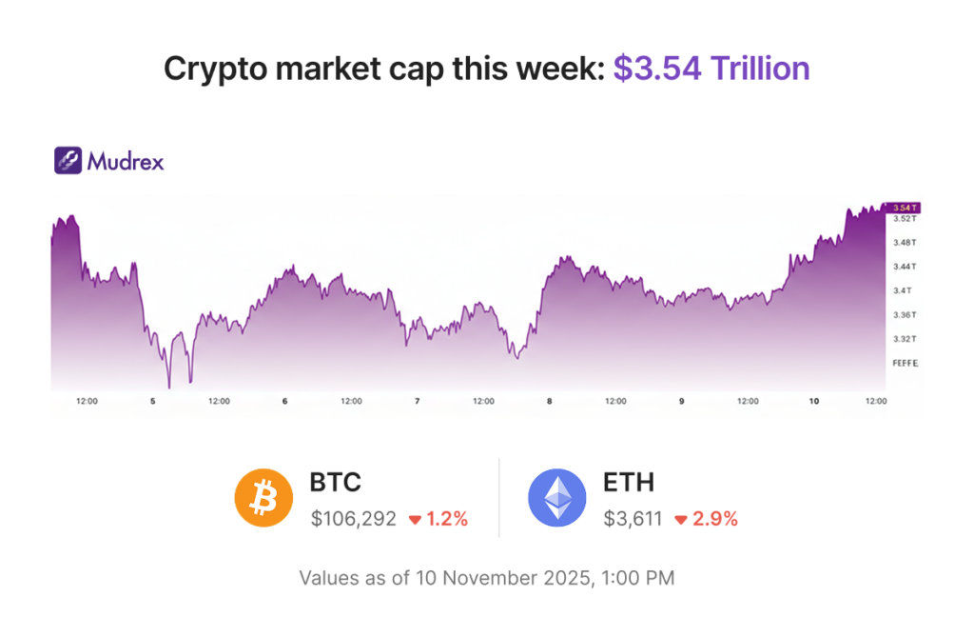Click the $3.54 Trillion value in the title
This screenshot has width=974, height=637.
(x=711, y=69)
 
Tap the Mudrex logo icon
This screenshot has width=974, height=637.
(x=68, y=160)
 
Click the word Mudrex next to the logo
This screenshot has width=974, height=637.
(x=126, y=161)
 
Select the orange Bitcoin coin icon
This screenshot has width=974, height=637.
(x=264, y=498)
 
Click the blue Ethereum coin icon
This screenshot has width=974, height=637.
(x=557, y=498)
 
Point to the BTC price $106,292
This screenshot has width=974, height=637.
(x=353, y=519)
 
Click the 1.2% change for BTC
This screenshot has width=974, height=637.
(x=446, y=519)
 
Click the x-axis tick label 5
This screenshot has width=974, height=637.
(x=152, y=402)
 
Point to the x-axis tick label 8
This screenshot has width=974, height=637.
(x=549, y=402)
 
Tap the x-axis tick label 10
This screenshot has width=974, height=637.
(x=813, y=402)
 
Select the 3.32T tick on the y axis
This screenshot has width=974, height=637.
(x=905, y=339)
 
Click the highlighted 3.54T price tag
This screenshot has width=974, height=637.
(x=903, y=207)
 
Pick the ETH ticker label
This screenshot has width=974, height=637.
(x=629, y=483)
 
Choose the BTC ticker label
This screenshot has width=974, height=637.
(x=336, y=483)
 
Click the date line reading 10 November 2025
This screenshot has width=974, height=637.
(x=487, y=578)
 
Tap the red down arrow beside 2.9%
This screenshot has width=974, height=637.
(x=681, y=520)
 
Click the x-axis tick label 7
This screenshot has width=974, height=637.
(x=417, y=402)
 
